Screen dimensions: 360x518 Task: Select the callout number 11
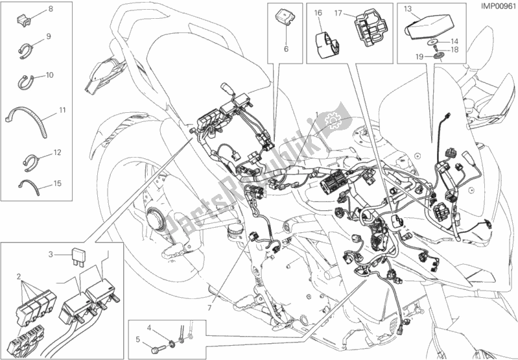coord(62,111)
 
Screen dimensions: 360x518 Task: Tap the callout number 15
coord(58,184)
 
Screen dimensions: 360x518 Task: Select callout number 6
coord(285,48)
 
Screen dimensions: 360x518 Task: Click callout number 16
coord(318,12)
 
